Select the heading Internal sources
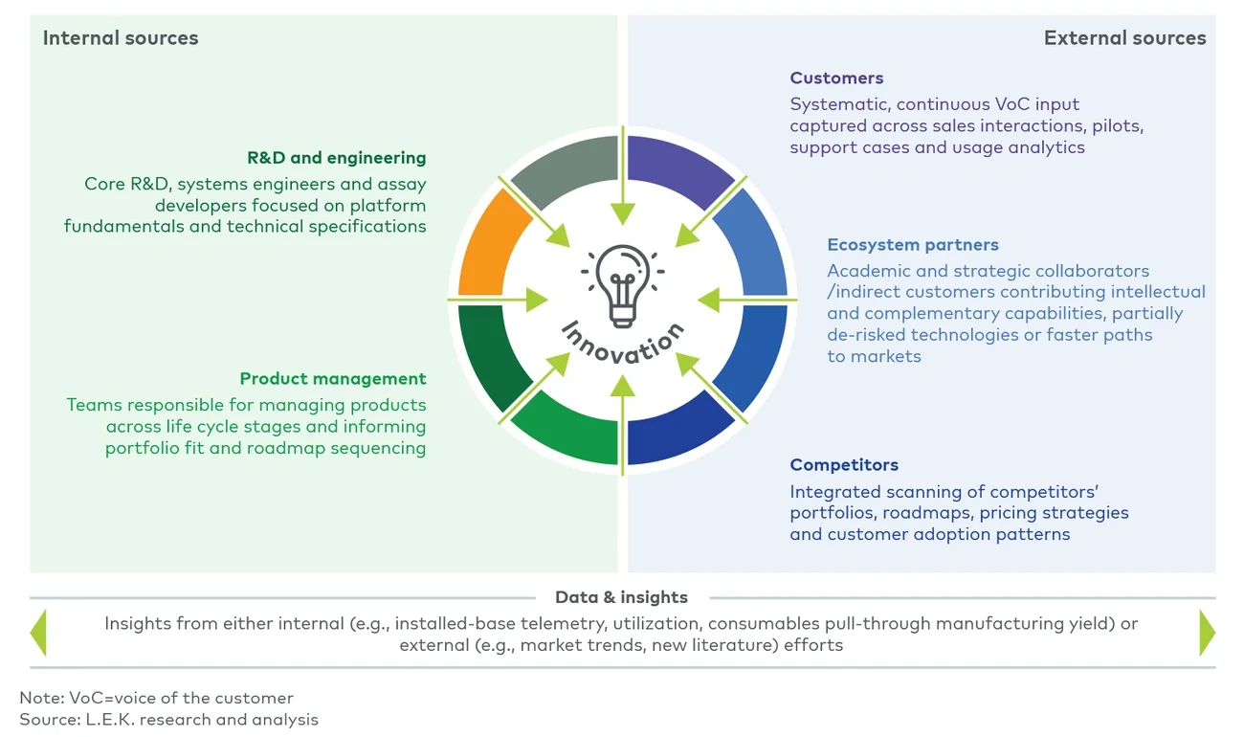(x=121, y=38)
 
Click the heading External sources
(x=1124, y=38)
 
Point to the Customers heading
(x=836, y=78)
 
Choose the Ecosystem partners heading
(x=913, y=245)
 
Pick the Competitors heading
(x=844, y=465)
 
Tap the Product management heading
(x=333, y=379)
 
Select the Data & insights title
(x=621, y=597)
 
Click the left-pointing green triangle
(x=38, y=633)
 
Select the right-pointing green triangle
(x=1207, y=633)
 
